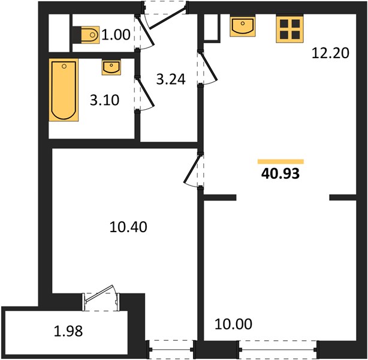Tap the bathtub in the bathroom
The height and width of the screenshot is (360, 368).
tap(64, 90)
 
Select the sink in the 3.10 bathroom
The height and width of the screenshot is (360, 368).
tap(111, 68)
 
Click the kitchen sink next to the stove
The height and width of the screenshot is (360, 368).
tap(243, 26)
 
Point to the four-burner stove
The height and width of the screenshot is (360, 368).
tap(289, 29)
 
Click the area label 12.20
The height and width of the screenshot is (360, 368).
tap(330, 53)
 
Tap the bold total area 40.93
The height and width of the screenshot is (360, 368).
tap(280, 174)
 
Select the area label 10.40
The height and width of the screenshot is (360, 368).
tap(128, 227)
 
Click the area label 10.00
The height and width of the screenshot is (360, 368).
tap(233, 324)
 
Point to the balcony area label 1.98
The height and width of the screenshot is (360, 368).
tap(68, 331)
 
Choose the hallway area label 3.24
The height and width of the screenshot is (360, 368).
tap(171, 79)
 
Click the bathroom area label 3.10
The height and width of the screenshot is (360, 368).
tap(105, 100)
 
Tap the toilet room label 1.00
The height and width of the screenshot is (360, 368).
tap(116, 35)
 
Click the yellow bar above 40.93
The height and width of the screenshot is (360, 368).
tap(280, 161)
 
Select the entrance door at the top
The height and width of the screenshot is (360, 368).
tap(165, 14)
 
